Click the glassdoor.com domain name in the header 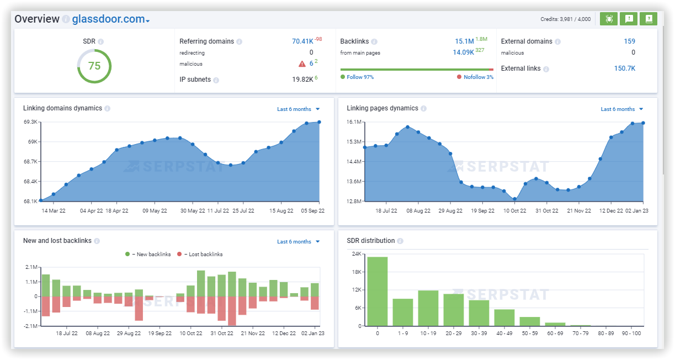[108, 19]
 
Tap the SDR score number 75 [94, 66]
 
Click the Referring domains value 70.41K [302, 41]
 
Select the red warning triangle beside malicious [302, 63]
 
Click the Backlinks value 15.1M [464, 41]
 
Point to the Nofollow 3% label [478, 77]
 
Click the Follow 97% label [360, 77]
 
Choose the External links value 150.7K [624, 68]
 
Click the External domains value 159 [629, 41]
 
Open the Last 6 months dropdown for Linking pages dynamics [621, 109]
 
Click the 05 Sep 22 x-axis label [312, 211]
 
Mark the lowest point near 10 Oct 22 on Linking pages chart [514, 199]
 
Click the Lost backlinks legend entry [202, 255]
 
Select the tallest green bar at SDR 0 [378, 291]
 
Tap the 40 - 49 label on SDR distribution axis [504, 333]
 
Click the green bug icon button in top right [609, 19]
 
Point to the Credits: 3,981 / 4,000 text [565, 19]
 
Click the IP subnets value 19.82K [302, 80]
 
